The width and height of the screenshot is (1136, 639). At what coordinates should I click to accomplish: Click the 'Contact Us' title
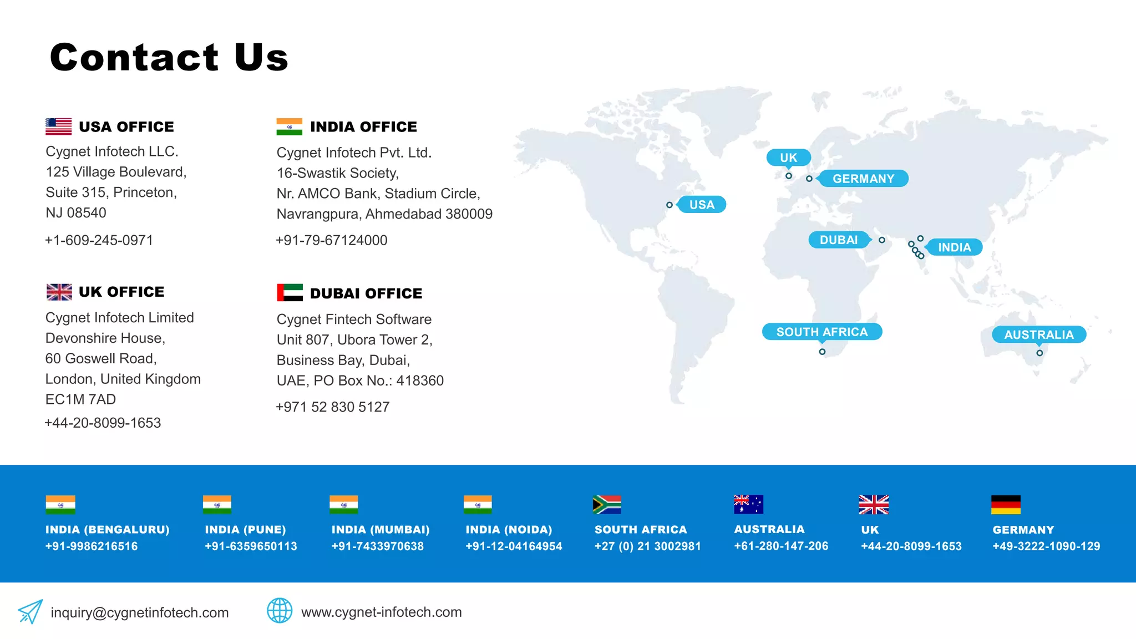pos(169,57)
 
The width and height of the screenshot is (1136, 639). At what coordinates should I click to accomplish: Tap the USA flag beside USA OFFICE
pos(58,126)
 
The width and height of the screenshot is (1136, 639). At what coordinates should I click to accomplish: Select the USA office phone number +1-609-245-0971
pos(99,240)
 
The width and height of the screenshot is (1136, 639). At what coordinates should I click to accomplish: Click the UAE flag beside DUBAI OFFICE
pos(290,292)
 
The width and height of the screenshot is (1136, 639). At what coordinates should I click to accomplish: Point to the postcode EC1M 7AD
pos(80,399)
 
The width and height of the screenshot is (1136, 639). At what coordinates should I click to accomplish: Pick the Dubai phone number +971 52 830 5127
pos(333,407)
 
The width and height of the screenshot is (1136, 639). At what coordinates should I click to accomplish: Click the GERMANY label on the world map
pos(863,179)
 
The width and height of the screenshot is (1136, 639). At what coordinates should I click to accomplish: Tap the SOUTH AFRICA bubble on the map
pos(821,332)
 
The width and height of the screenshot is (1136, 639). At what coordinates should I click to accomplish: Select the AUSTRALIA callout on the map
pos(1038,334)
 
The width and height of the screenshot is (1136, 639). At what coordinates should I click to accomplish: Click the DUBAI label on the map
pos(839,240)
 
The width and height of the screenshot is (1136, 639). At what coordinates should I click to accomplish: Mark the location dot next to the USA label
pos(670,205)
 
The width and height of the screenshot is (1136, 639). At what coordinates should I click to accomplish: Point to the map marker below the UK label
pos(788,176)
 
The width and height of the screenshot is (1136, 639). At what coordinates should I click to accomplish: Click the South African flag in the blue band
pos(606,505)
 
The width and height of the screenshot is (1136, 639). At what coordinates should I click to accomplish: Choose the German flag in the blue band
pos(1006,505)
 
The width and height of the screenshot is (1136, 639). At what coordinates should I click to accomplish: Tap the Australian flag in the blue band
pos(748,504)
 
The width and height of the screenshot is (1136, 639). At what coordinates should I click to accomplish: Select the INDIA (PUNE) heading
pos(245,530)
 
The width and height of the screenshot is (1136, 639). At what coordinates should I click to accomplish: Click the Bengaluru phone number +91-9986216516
pos(92,546)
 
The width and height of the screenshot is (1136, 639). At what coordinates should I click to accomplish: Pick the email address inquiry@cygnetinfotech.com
pos(140,612)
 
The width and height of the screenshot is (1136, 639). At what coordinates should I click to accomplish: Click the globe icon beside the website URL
pos(280,611)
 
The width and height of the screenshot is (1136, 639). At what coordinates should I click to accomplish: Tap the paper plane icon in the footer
pos(30,611)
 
